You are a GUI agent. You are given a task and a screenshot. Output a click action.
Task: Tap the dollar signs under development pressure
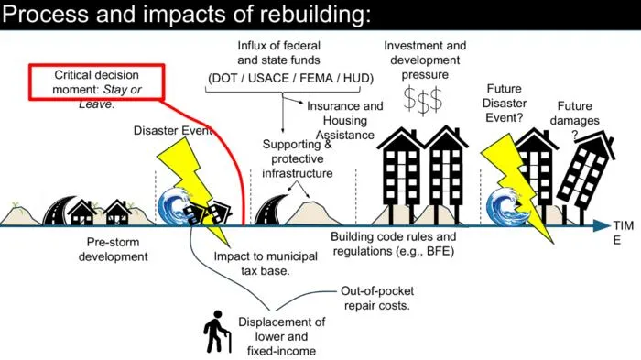(x=423, y=100)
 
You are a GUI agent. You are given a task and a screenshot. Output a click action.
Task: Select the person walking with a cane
(x=218, y=332)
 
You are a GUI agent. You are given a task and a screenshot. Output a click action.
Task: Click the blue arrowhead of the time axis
(x=602, y=225)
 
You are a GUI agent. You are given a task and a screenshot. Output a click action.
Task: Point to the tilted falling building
(x=586, y=176)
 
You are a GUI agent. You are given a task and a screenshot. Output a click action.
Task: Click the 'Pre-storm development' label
(x=113, y=249)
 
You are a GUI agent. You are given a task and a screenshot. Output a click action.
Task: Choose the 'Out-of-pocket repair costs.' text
(x=377, y=299)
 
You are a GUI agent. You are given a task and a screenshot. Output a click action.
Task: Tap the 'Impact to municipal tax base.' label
(x=266, y=264)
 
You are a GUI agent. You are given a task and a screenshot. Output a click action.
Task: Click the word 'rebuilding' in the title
(x=315, y=14)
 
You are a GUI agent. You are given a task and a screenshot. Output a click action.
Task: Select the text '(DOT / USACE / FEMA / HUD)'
(x=290, y=78)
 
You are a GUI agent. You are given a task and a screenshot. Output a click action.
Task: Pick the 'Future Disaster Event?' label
(x=504, y=104)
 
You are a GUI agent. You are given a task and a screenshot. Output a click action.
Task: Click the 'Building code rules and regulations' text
(x=393, y=244)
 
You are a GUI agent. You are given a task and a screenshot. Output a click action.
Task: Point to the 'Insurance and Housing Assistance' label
(x=345, y=120)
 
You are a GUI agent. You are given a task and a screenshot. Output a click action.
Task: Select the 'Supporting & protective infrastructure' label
(x=298, y=158)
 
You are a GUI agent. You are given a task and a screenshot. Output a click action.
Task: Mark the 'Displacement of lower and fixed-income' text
(x=282, y=336)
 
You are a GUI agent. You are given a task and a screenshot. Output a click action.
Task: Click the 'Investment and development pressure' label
(x=425, y=60)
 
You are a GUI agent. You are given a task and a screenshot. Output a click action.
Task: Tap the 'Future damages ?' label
(x=574, y=120)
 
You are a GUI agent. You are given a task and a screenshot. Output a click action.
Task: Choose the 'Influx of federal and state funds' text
(x=278, y=53)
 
